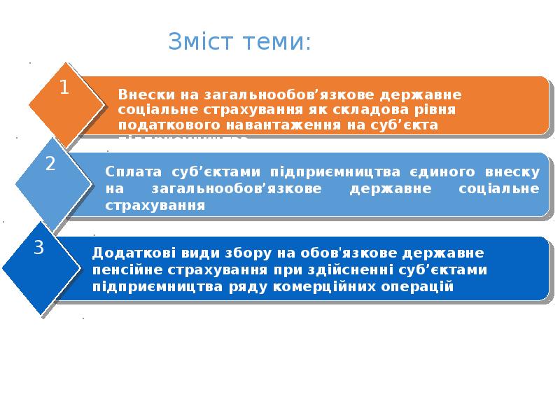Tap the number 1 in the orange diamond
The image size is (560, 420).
click(x=64, y=88)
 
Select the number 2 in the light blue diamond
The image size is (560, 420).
click(x=50, y=164)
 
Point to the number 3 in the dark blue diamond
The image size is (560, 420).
click(x=39, y=247)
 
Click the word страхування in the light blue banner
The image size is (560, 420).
click(x=155, y=205)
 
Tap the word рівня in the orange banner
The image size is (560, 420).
click(x=438, y=110)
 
